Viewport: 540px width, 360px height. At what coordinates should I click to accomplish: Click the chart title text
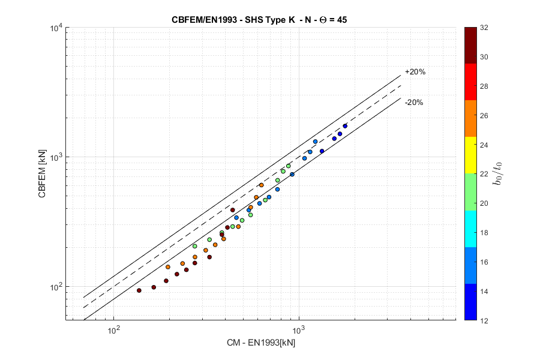click(x=259, y=20)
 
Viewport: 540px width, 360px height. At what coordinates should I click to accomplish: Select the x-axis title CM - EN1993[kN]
click(x=260, y=343)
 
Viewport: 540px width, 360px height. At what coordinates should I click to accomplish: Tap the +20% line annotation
click(x=415, y=72)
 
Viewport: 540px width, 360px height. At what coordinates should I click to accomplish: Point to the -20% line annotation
click(x=414, y=103)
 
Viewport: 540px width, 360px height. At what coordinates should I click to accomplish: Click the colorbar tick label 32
click(x=484, y=28)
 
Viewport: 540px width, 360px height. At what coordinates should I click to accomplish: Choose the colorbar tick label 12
click(x=484, y=320)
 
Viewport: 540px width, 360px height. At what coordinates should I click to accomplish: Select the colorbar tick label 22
click(x=484, y=174)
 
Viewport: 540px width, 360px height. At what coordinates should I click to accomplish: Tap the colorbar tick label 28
click(x=484, y=86)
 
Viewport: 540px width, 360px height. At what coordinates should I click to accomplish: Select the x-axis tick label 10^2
click(x=113, y=329)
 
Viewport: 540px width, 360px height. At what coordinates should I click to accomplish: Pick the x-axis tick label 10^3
click(x=299, y=329)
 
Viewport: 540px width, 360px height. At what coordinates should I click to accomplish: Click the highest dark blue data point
click(x=345, y=126)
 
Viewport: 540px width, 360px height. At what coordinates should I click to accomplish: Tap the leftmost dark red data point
click(x=139, y=290)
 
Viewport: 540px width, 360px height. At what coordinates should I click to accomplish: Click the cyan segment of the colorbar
click(x=471, y=232)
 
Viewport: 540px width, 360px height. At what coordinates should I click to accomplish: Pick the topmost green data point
click(x=289, y=166)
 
